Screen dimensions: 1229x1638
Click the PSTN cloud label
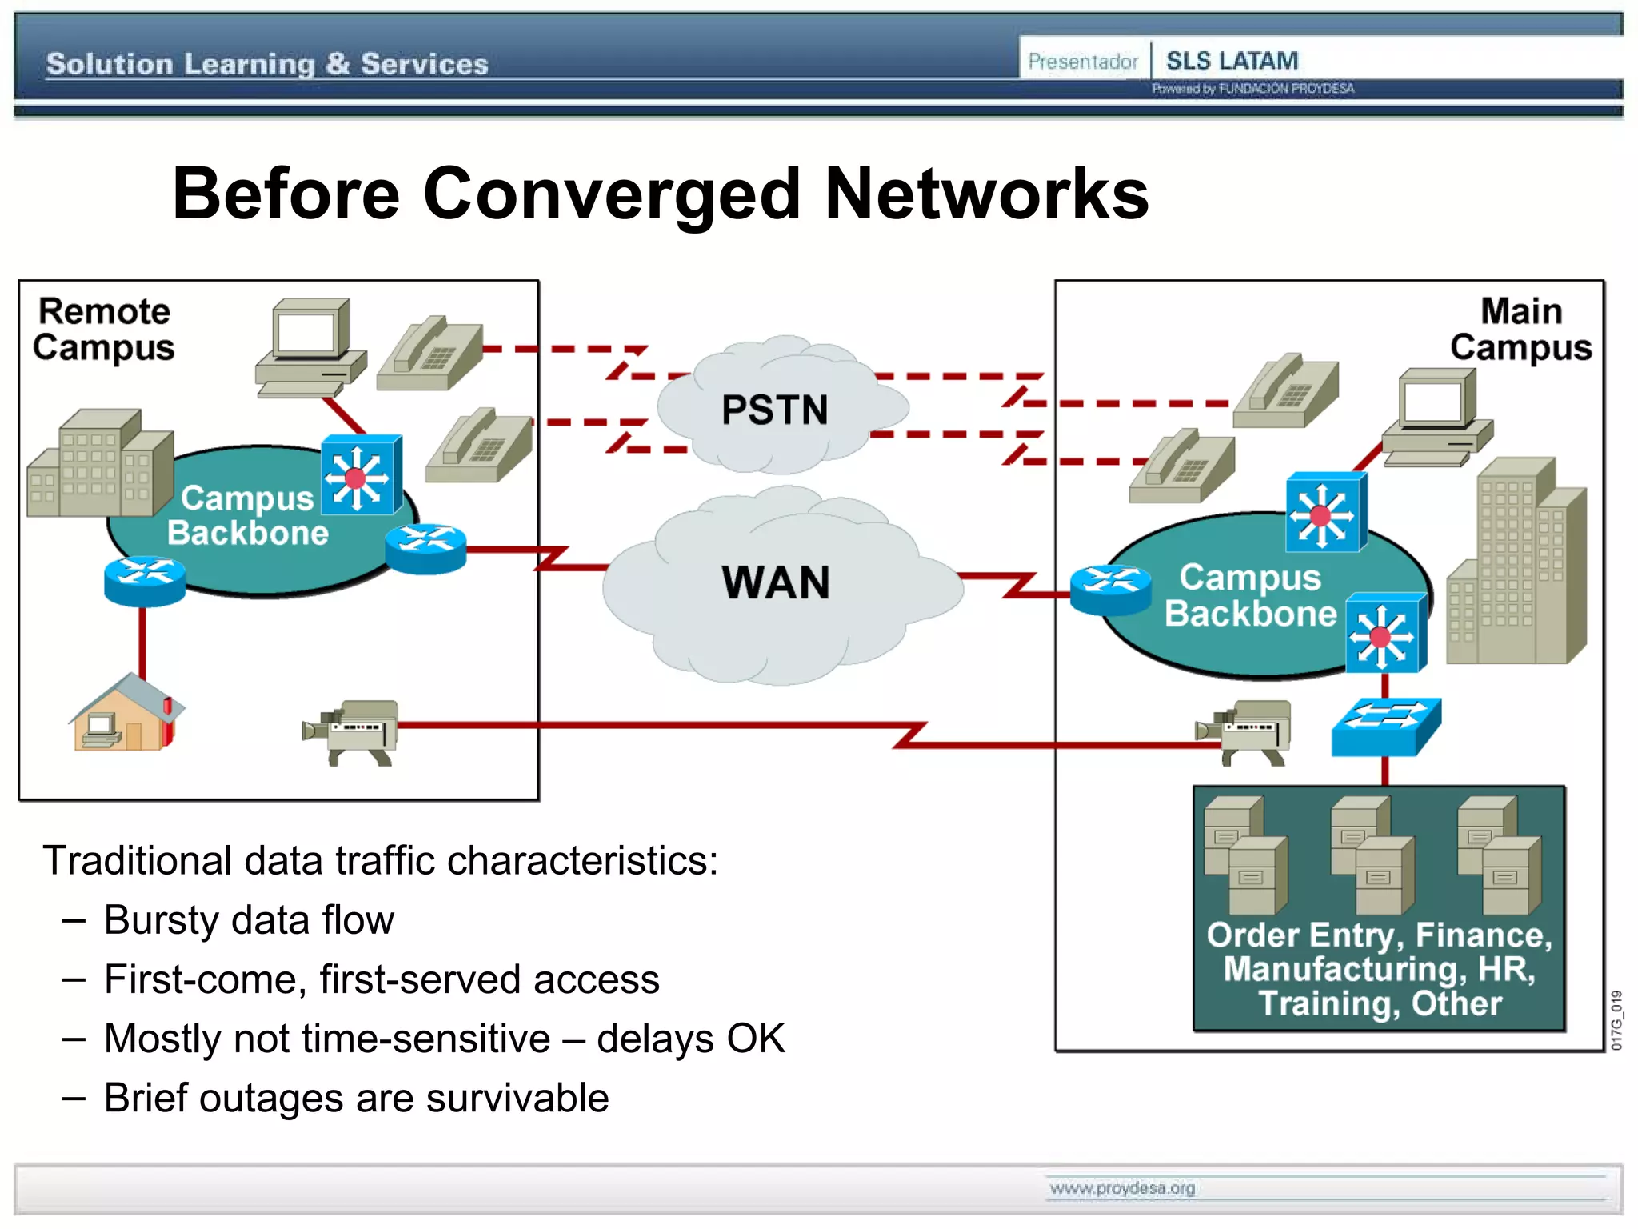pos(774,410)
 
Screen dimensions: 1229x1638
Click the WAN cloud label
pos(775,582)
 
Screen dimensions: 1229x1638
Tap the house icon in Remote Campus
pos(126,713)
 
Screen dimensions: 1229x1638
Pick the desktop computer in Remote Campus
pos(310,347)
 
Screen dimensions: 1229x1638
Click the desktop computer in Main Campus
pos(1436,417)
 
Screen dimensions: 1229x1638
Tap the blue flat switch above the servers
pos(1385,726)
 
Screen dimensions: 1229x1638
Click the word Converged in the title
pos(611,194)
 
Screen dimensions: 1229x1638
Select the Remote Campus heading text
pos(103,329)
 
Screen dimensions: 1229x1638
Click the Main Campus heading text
pos(1520,329)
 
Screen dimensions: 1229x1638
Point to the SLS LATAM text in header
pos(1232,61)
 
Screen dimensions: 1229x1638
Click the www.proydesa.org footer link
pos(1121,1188)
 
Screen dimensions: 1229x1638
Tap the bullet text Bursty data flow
pos(249,920)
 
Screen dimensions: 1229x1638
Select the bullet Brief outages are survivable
pos(356,1098)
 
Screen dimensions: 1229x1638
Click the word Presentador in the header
pos(1082,62)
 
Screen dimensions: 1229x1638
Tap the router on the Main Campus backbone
pos(1110,590)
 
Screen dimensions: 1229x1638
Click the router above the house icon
pos(145,580)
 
